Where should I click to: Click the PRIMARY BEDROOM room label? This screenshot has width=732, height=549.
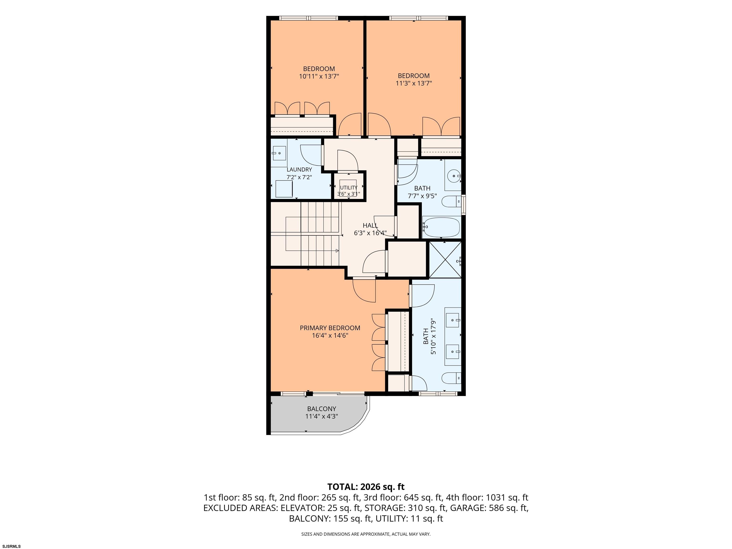point(330,328)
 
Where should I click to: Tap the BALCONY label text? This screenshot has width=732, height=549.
point(321,409)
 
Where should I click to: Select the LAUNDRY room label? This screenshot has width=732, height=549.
point(299,169)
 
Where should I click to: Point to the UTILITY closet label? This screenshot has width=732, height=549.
point(348,188)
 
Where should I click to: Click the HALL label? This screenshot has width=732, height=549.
point(370,225)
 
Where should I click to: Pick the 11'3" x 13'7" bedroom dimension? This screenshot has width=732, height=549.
point(414,83)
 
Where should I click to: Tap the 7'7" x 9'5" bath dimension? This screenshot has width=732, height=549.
point(422,196)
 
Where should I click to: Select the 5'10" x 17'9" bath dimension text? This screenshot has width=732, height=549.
point(433,336)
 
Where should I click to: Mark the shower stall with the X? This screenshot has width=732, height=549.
point(445,260)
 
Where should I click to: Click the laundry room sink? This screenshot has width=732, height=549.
point(279,153)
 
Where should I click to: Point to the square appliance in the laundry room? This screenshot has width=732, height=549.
point(284,189)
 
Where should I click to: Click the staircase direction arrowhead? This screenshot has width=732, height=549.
point(337,250)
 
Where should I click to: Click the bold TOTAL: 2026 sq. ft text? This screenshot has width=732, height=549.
point(366,487)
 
